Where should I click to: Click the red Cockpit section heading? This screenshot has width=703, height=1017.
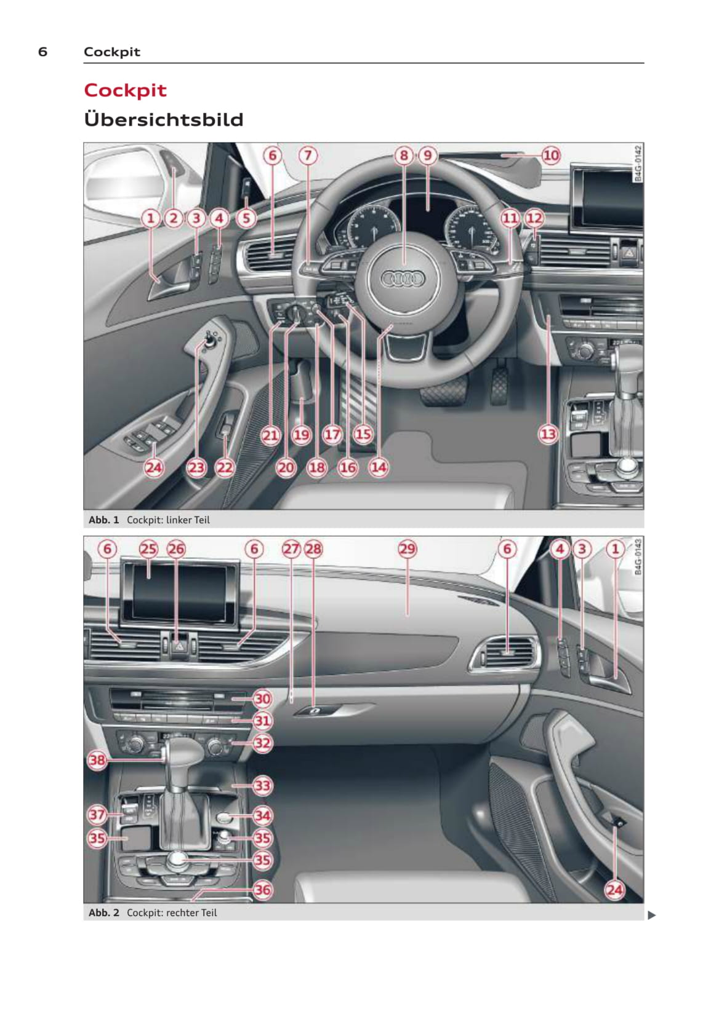point(125,90)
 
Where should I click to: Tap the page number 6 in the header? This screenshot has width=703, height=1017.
point(42,52)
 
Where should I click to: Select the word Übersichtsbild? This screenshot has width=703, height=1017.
point(164,119)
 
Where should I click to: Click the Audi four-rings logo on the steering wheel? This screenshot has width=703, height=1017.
point(403,279)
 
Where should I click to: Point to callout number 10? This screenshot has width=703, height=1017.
point(551,156)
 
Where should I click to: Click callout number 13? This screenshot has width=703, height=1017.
point(548,435)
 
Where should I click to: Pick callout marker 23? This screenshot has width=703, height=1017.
point(196,467)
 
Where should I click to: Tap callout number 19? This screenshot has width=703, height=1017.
point(301,435)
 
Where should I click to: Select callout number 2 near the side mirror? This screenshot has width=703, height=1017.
point(174,218)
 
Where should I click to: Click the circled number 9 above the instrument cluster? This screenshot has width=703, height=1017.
point(428,156)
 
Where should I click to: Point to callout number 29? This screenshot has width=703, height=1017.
point(407,549)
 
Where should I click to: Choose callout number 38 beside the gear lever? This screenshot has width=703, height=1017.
point(97,760)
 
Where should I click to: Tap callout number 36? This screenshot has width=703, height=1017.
point(262,890)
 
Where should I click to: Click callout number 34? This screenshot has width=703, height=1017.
point(262,816)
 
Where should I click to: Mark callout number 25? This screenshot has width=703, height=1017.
point(148,549)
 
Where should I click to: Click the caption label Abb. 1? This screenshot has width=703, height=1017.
point(103,520)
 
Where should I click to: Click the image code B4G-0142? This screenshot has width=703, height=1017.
point(638,164)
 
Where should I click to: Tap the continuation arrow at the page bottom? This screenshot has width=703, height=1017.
point(652,916)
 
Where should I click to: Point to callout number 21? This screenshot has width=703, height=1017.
point(270,435)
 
